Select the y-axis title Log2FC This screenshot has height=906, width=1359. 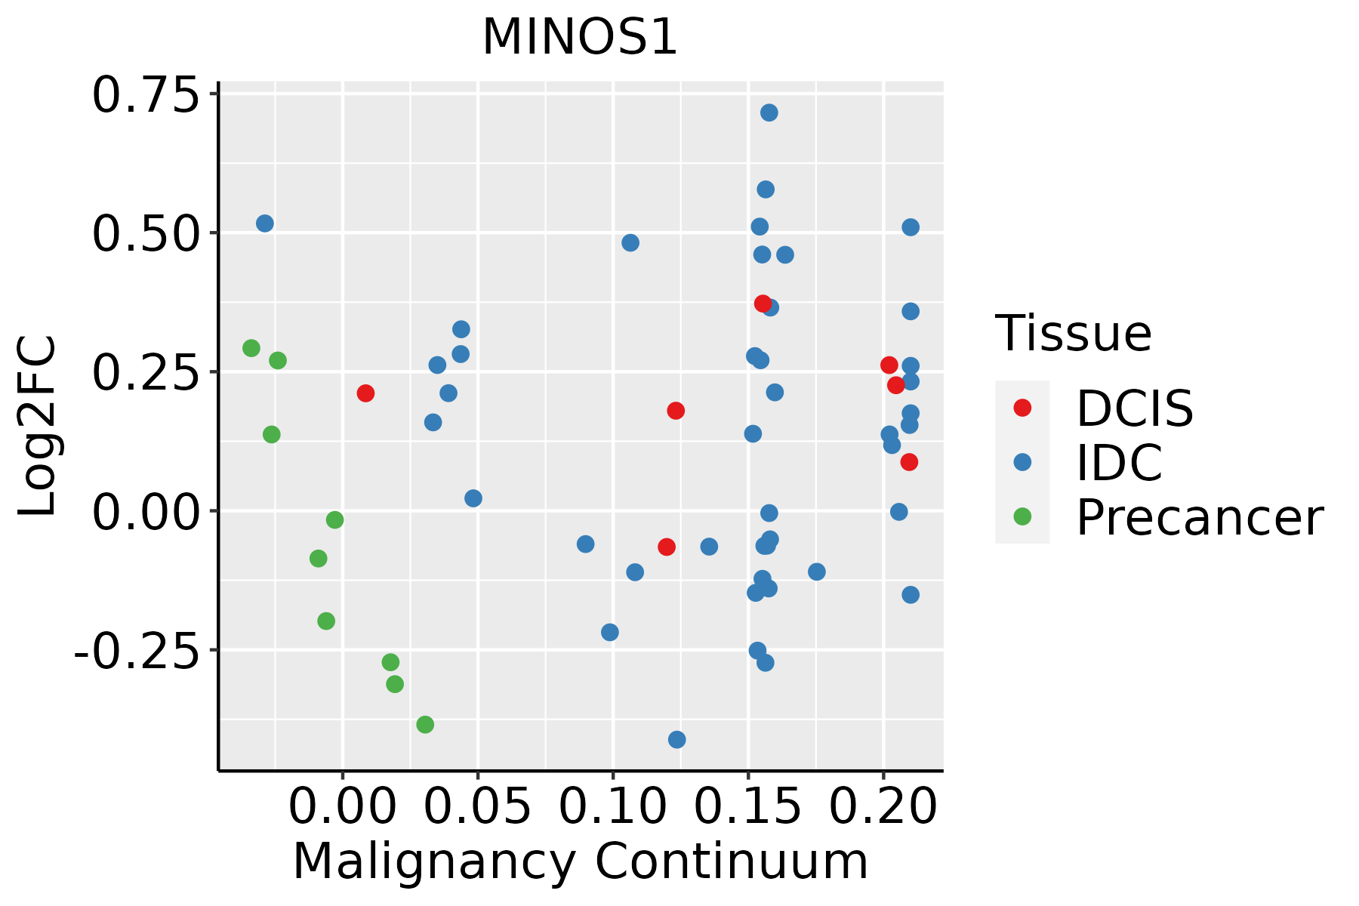(38, 427)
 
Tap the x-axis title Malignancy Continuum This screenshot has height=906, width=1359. (580, 861)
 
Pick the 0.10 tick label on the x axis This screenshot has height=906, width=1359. (612, 806)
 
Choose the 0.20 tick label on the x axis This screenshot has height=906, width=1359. (883, 806)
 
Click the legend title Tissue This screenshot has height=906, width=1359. (1073, 333)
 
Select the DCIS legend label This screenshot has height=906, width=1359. (1134, 408)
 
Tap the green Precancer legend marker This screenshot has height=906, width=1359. (1022, 516)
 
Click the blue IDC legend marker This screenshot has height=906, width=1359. (1022, 462)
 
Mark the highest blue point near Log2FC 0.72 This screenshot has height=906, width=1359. (769, 112)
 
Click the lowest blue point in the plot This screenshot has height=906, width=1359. (677, 739)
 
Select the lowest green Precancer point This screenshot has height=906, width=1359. (425, 725)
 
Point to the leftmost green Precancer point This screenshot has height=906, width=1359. (251, 348)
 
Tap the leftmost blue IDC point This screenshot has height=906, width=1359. (265, 223)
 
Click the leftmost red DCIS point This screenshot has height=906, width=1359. (365, 393)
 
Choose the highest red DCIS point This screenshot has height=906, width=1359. (763, 304)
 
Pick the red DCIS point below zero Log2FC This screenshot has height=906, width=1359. (666, 547)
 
